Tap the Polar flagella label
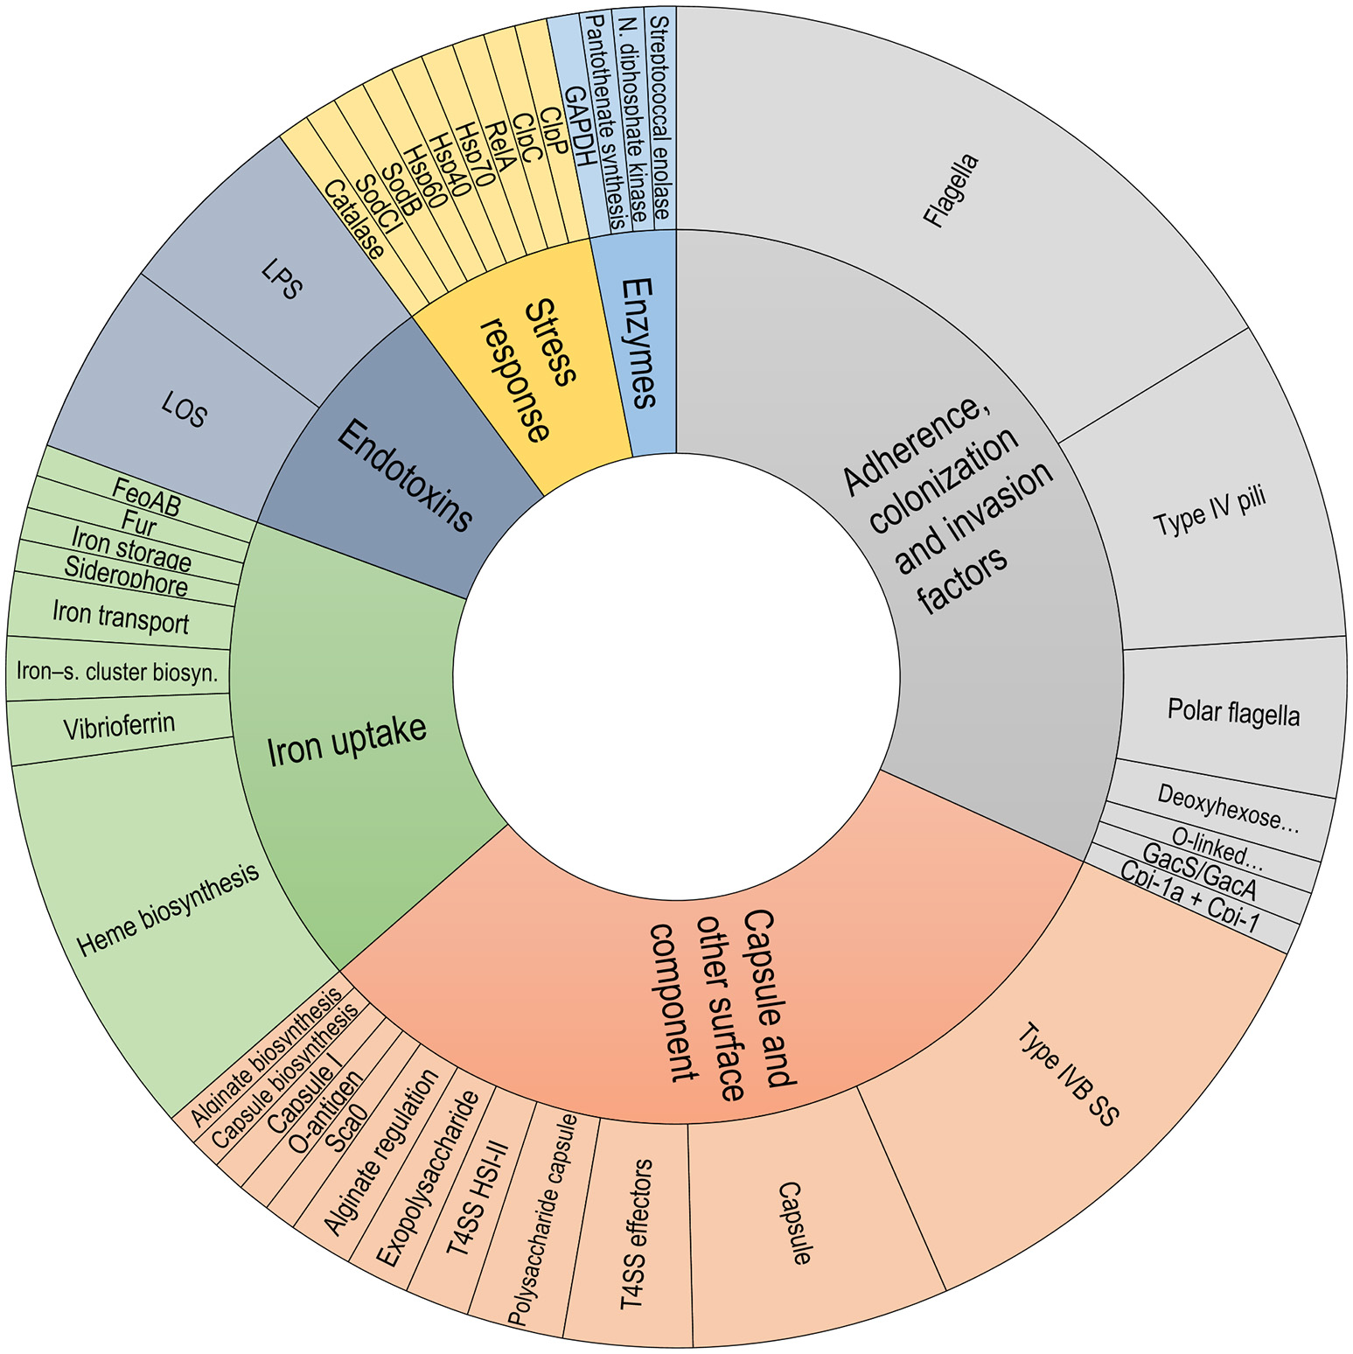click(x=1233, y=713)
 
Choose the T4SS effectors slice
click(x=636, y=1233)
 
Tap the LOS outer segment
click(x=184, y=408)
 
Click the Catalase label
click(x=353, y=220)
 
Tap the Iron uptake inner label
click(x=346, y=740)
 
